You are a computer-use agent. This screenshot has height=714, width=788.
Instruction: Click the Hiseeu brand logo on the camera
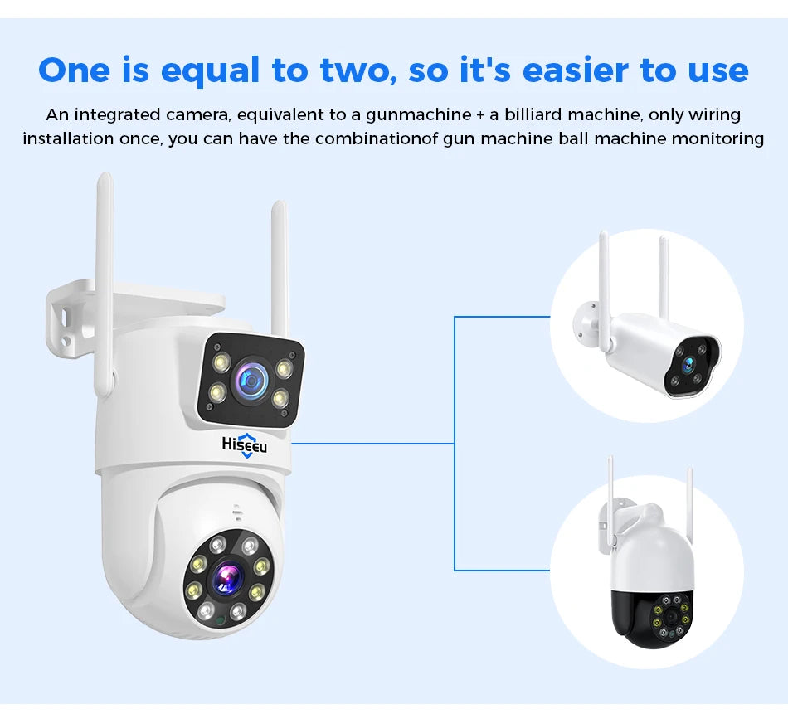click(245, 444)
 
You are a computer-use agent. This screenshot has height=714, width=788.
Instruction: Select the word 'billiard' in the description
click(533, 114)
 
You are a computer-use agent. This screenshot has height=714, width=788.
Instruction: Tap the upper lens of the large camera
click(250, 379)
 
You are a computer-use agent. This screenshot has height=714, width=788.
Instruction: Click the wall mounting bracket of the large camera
click(75, 315)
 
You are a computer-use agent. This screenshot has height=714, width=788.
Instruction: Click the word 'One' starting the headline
click(74, 71)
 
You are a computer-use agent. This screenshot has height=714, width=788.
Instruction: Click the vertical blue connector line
click(455, 444)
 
